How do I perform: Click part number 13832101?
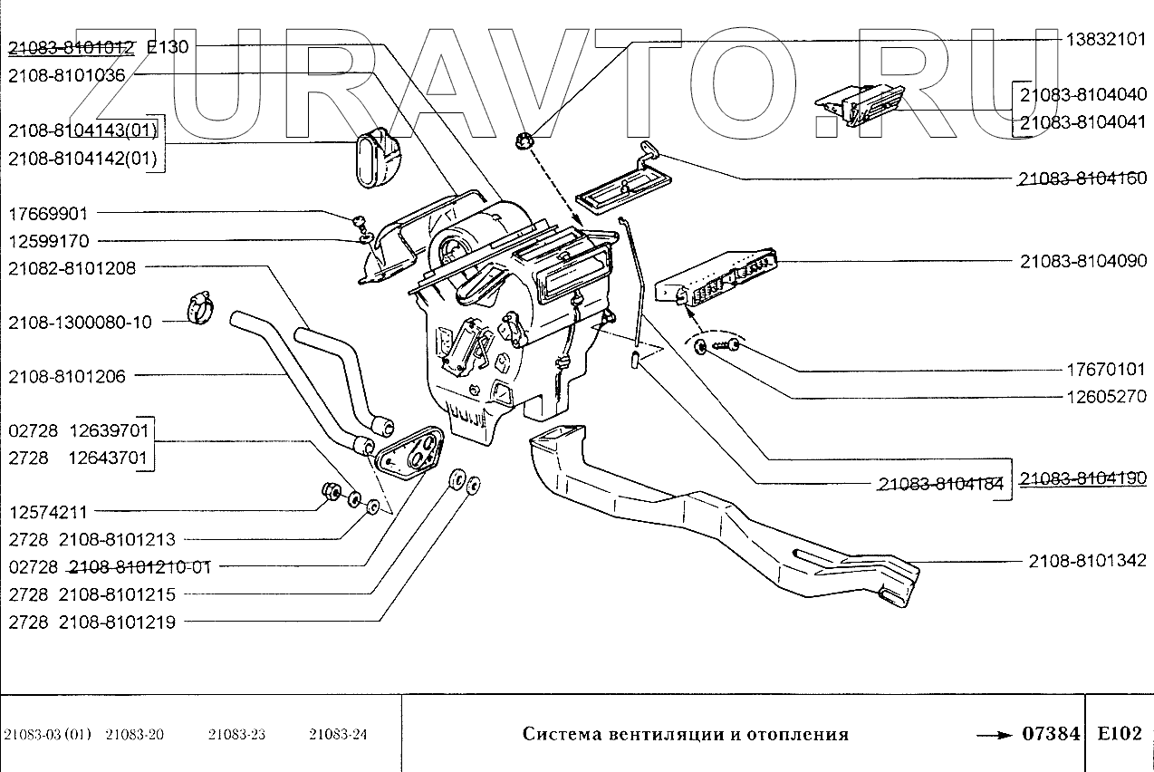click(1106, 40)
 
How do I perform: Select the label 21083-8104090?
click(1083, 261)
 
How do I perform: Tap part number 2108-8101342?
click(1087, 561)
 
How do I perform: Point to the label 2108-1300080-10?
click(80, 323)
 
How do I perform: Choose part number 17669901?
click(48, 213)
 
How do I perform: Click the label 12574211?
click(48, 512)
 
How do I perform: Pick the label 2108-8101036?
click(66, 76)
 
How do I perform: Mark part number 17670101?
click(1106, 370)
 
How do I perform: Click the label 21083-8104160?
click(1083, 179)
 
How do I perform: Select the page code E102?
click(1120, 733)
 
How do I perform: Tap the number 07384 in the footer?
click(1051, 733)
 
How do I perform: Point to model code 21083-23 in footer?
click(236, 734)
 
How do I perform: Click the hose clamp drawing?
click(200, 307)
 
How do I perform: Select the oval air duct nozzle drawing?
click(378, 158)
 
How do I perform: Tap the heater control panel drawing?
click(716, 278)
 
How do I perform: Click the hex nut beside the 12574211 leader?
click(332, 491)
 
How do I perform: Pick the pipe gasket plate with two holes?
click(409, 452)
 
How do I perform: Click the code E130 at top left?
click(168, 47)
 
